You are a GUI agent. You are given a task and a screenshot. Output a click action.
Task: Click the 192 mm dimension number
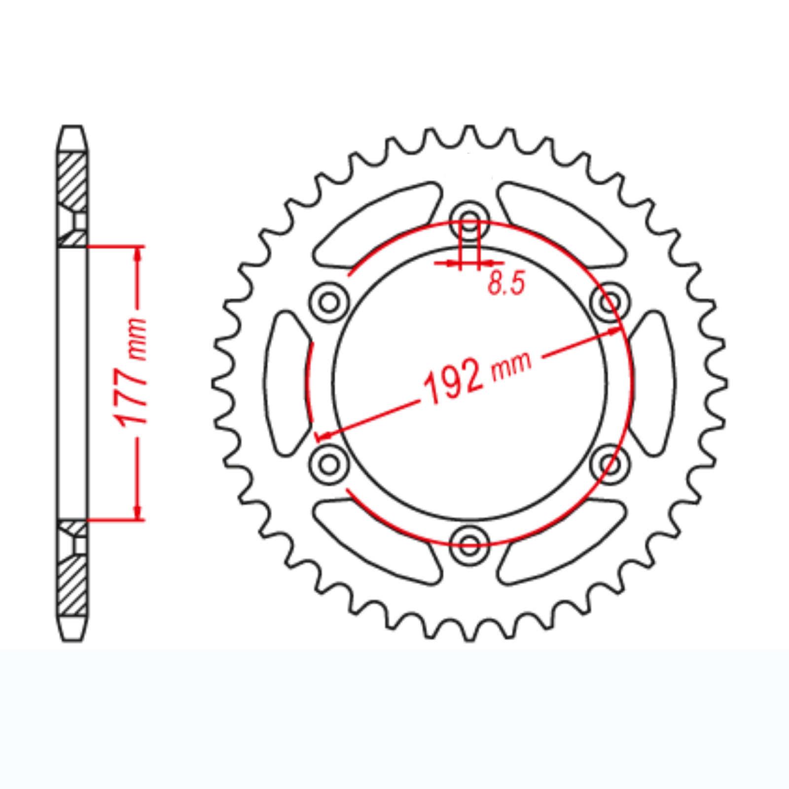coord(453,381)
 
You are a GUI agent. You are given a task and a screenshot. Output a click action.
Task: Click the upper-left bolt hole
coord(329,301)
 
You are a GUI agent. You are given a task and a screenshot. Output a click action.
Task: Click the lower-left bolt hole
coord(329,464)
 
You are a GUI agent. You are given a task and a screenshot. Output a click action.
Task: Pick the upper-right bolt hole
coord(610,301)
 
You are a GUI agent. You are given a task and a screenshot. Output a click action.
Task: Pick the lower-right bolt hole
coord(610,464)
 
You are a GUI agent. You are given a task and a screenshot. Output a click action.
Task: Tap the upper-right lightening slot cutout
coord(562,224)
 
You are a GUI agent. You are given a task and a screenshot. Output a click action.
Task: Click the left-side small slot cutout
coord(286,382)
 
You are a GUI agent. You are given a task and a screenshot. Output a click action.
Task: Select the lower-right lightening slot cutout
coord(562,540)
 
